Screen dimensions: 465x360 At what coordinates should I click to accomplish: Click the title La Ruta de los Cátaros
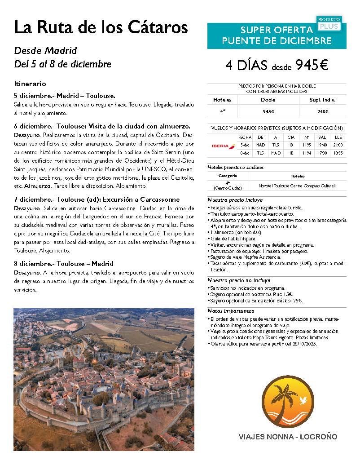101,27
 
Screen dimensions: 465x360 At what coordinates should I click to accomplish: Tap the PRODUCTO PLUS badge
329,24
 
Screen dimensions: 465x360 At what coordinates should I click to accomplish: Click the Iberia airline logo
223,145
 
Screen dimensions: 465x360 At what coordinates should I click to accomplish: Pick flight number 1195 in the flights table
307,145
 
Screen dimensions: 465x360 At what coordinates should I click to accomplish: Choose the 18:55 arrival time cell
338,153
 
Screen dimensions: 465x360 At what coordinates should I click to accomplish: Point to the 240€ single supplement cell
322,111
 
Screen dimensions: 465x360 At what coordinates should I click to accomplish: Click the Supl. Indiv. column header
322,100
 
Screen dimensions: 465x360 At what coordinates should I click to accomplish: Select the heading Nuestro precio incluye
235,200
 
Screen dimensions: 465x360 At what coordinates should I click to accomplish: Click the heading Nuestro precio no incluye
239,280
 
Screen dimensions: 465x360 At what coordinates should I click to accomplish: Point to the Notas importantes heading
231,311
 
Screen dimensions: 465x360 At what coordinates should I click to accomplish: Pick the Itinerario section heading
30,84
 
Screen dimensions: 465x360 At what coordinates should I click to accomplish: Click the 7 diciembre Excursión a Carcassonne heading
97,199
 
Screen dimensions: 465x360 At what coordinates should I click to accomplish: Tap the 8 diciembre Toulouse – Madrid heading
64,264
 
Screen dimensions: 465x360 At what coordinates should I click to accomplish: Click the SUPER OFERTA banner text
277,31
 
